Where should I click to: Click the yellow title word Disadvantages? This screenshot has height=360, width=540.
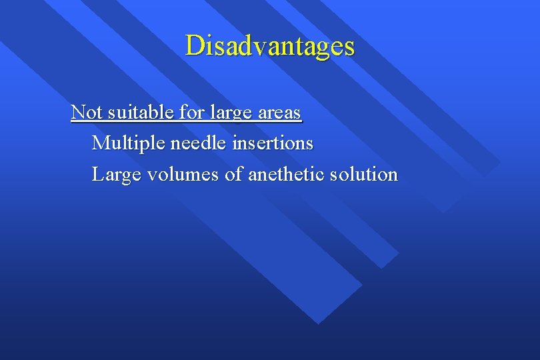[270, 46]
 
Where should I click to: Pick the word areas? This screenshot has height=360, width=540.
[279, 113]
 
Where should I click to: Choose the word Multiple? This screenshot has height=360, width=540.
[128, 143]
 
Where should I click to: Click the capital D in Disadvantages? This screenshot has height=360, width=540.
[194, 45]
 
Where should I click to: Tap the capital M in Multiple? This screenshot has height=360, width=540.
[100, 143]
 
